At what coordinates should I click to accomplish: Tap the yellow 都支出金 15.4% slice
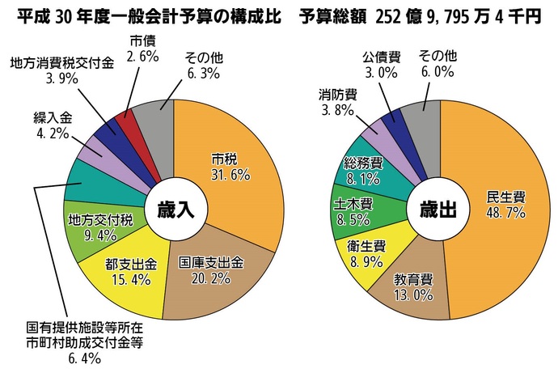(x=129, y=272)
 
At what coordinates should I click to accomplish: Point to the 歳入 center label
(x=173, y=210)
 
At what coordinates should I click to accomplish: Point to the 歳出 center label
(x=438, y=210)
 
